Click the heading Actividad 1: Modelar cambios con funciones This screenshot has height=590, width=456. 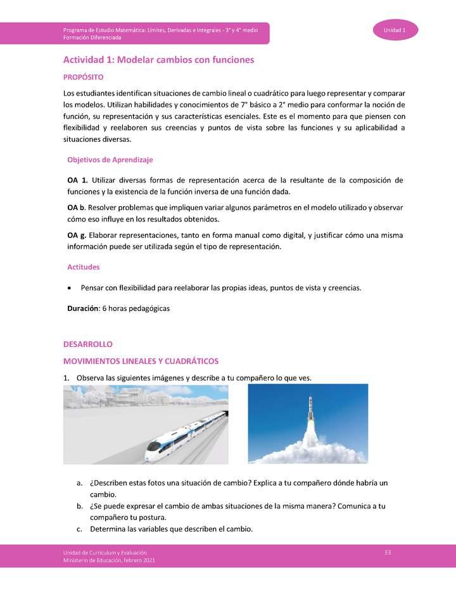pyautogui.click(x=158, y=60)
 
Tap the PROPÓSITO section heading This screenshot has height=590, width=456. pyautogui.click(x=83, y=77)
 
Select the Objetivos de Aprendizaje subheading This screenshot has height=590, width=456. pyautogui.click(x=110, y=160)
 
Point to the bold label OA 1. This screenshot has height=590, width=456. pyautogui.click(x=77, y=180)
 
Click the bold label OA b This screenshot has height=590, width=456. pyautogui.click(x=76, y=208)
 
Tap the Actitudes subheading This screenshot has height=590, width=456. pyautogui.click(x=84, y=267)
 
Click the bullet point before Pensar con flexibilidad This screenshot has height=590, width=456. pyautogui.click(x=69, y=288)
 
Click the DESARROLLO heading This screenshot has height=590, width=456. pyautogui.click(x=87, y=344)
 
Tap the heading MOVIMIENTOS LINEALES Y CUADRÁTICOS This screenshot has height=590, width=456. pyautogui.click(x=141, y=361)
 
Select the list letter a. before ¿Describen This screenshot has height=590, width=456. pyautogui.click(x=79, y=483)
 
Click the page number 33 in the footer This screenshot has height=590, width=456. pyautogui.click(x=388, y=553)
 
